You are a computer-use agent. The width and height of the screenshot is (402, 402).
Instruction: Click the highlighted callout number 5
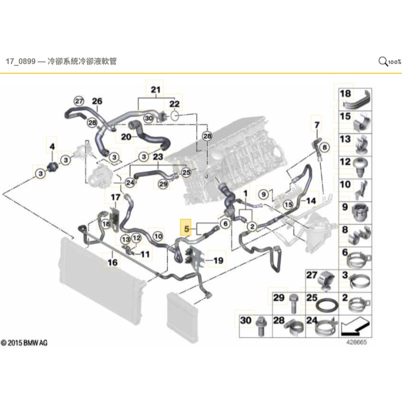(x=187, y=229)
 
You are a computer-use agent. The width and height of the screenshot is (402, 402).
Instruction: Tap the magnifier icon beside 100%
(x=383, y=61)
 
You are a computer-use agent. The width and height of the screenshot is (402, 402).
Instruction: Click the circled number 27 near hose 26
(x=78, y=101)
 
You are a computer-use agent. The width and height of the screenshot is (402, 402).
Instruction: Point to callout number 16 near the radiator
(x=113, y=263)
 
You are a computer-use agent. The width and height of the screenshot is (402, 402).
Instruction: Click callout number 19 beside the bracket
(x=218, y=261)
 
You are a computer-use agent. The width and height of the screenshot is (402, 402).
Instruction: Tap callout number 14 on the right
(x=311, y=201)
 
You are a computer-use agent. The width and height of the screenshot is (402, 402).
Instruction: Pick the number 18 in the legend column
(x=345, y=93)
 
